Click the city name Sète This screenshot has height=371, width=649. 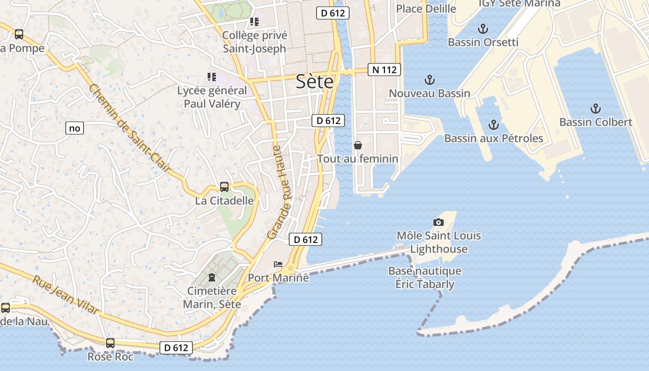(315, 82)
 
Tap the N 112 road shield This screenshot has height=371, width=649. (384, 70)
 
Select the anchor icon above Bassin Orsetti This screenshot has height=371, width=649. (483, 29)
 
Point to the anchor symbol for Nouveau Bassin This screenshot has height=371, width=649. (430, 80)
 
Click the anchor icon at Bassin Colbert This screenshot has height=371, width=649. (595, 109)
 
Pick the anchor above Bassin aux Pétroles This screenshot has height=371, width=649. (494, 124)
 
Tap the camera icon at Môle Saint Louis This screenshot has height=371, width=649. (438, 223)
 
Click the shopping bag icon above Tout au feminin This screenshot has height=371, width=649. (358, 145)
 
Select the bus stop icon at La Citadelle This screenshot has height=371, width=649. (224, 187)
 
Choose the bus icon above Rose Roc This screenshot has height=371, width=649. (110, 343)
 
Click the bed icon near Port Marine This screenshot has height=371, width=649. (278, 264)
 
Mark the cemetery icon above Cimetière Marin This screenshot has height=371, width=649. (212, 277)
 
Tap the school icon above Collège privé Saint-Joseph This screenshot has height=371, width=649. (254, 21)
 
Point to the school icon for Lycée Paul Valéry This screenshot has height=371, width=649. (212, 77)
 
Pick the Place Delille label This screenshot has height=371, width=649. (426, 8)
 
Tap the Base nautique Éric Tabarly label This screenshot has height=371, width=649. (425, 277)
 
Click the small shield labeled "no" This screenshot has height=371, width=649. (75, 128)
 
